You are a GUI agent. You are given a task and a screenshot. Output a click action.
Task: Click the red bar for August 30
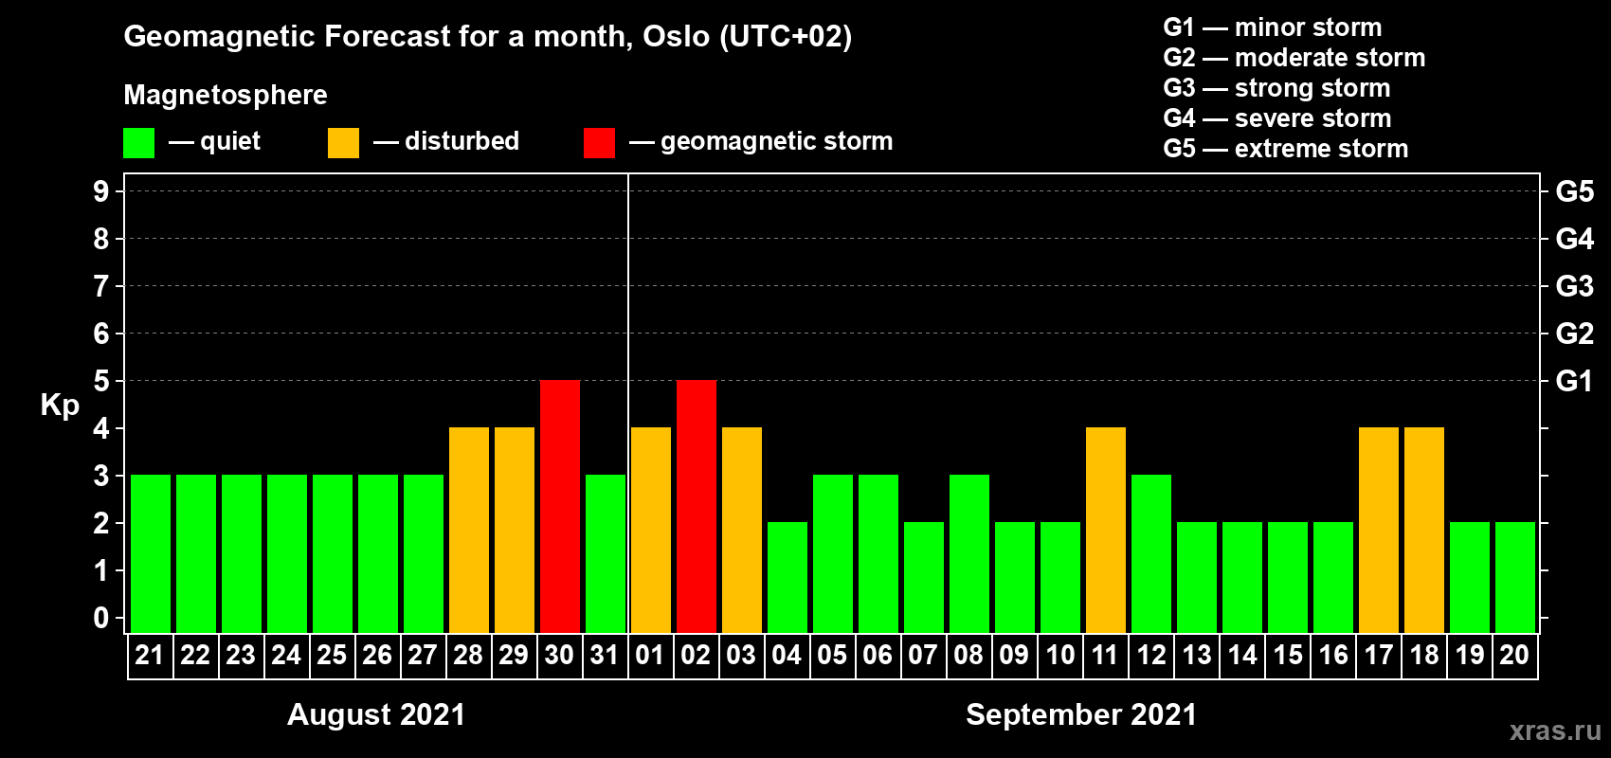(x=560, y=506)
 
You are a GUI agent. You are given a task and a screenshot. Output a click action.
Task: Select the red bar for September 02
(x=697, y=506)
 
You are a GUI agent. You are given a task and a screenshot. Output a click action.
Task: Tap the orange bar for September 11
(x=1106, y=530)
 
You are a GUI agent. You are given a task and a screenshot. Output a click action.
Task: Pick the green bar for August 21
(x=151, y=553)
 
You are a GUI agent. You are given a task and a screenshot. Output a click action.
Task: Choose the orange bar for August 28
(x=469, y=530)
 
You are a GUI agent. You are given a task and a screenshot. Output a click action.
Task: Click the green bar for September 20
(x=1515, y=577)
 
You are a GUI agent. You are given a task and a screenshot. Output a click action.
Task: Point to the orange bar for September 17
(x=1379, y=530)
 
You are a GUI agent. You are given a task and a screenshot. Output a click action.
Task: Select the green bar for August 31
(x=606, y=553)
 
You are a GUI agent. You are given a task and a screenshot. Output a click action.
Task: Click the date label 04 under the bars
(x=787, y=655)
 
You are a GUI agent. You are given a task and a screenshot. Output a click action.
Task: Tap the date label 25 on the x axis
(x=332, y=655)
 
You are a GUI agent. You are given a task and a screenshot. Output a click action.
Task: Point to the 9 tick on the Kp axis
(x=100, y=191)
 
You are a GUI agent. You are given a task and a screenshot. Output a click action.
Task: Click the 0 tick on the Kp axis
(x=100, y=618)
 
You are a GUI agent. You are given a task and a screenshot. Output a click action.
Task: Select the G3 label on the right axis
(x=1575, y=286)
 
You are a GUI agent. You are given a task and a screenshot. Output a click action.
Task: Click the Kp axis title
(x=60, y=406)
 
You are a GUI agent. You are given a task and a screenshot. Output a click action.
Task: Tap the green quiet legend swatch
(x=138, y=142)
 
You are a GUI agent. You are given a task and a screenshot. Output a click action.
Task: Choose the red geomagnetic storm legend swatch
(x=600, y=142)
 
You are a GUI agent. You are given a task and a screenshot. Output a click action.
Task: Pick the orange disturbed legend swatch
(x=343, y=142)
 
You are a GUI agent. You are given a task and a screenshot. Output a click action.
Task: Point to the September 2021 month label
(x=1081, y=714)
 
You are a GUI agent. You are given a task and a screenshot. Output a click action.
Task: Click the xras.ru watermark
(x=1556, y=731)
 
